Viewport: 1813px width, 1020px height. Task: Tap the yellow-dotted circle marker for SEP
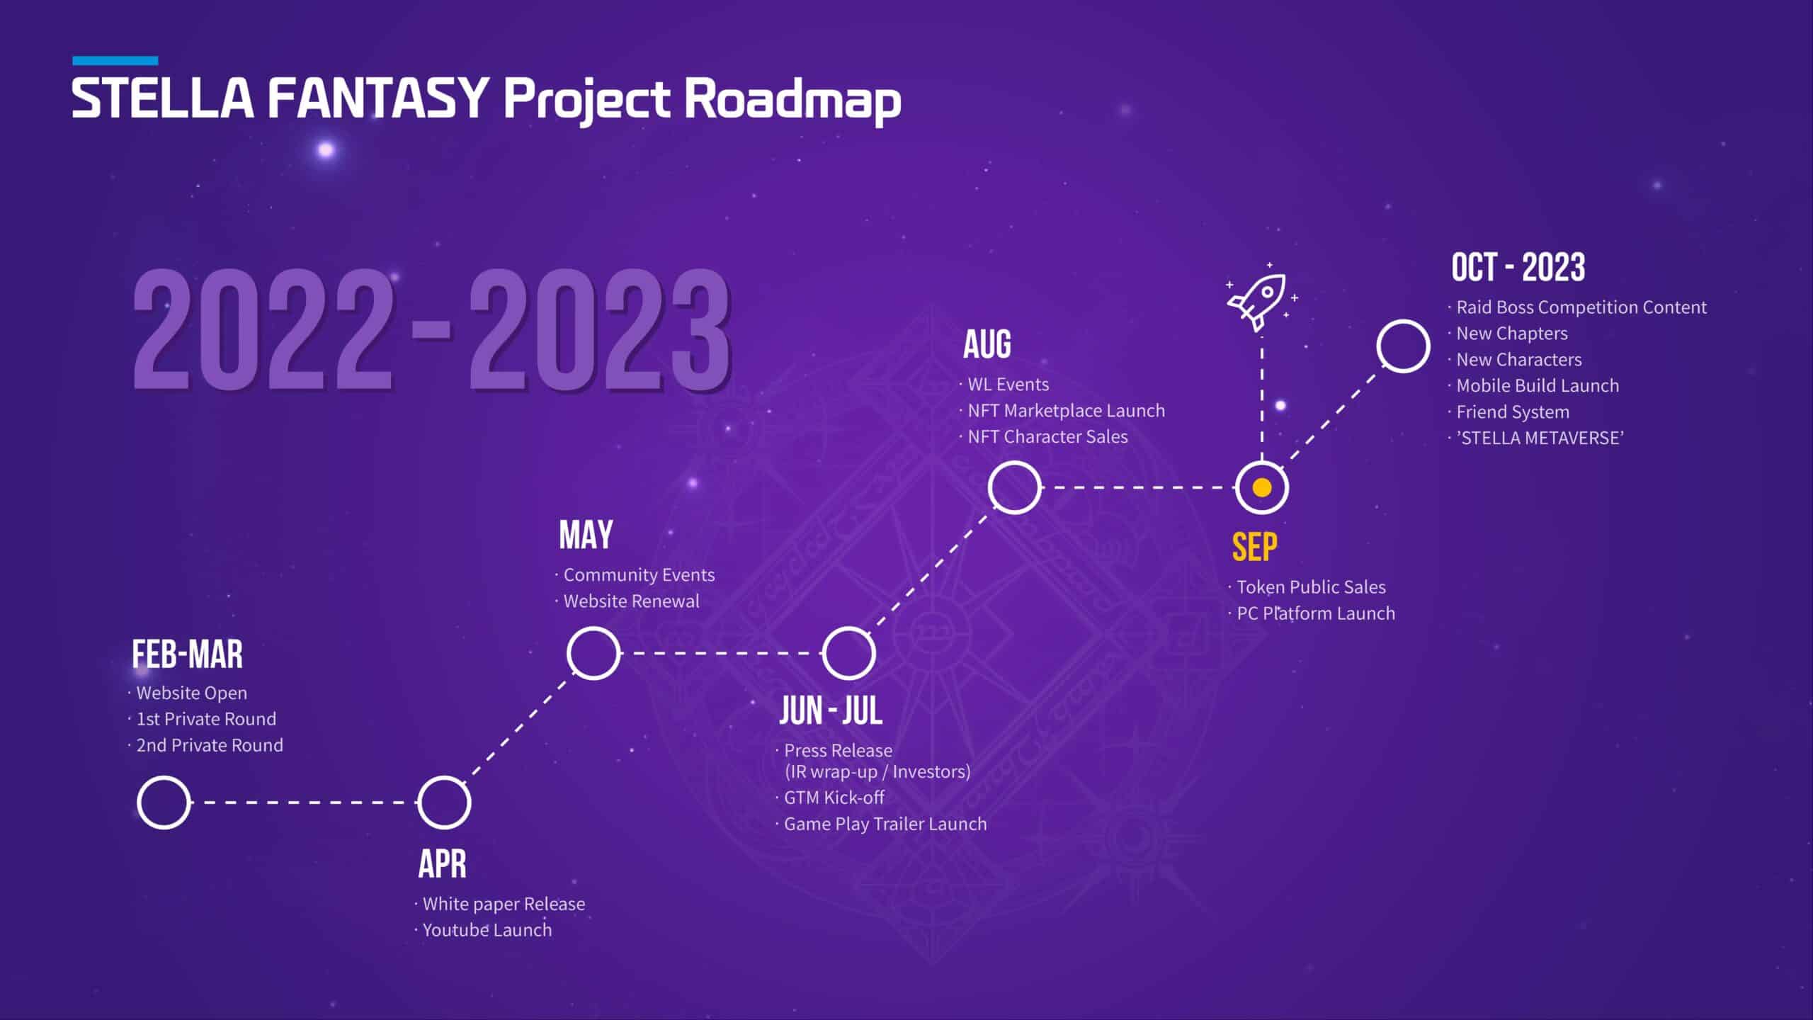click(x=1262, y=488)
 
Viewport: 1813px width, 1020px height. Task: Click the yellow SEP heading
click(x=1254, y=547)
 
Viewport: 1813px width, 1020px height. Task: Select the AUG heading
click(x=987, y=345)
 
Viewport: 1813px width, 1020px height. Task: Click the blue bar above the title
click(x=115, y=61)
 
